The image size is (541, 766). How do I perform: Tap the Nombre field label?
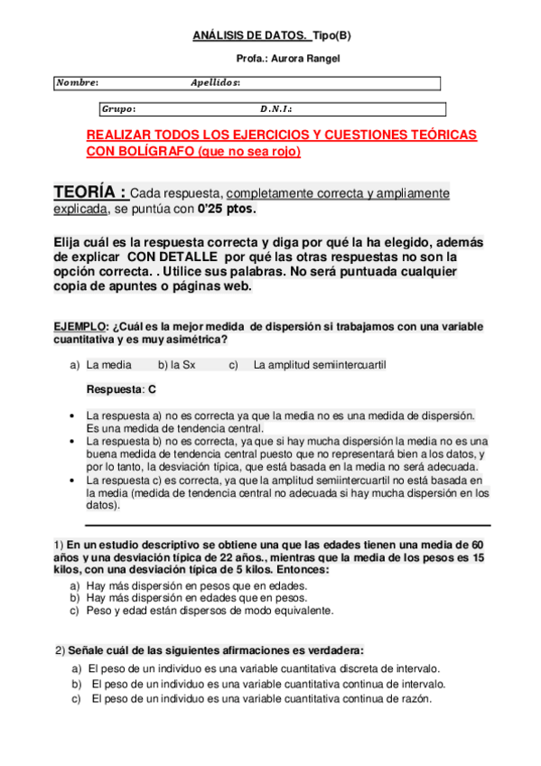pyautogui.click(x=77, y=82)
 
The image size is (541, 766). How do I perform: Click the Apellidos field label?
pyautogui.click(x=215, y=82)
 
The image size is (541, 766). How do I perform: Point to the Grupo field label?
pyautogui.click(x=118, y=109)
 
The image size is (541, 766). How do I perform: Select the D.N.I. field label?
pyautogui.click(x=275, y=109)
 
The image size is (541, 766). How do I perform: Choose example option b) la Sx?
pyautogui.click(x=177, y=365)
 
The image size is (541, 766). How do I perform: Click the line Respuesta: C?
pyautogui.click(x=121, y=389)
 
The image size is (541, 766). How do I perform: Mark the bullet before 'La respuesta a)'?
pyautogui.click(x=72, y=416)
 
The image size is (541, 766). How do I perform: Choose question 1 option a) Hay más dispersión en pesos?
pyautogui.click(x=196, y=585)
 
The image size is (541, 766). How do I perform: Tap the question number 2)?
pyautogui.click(x=60, y=650)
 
